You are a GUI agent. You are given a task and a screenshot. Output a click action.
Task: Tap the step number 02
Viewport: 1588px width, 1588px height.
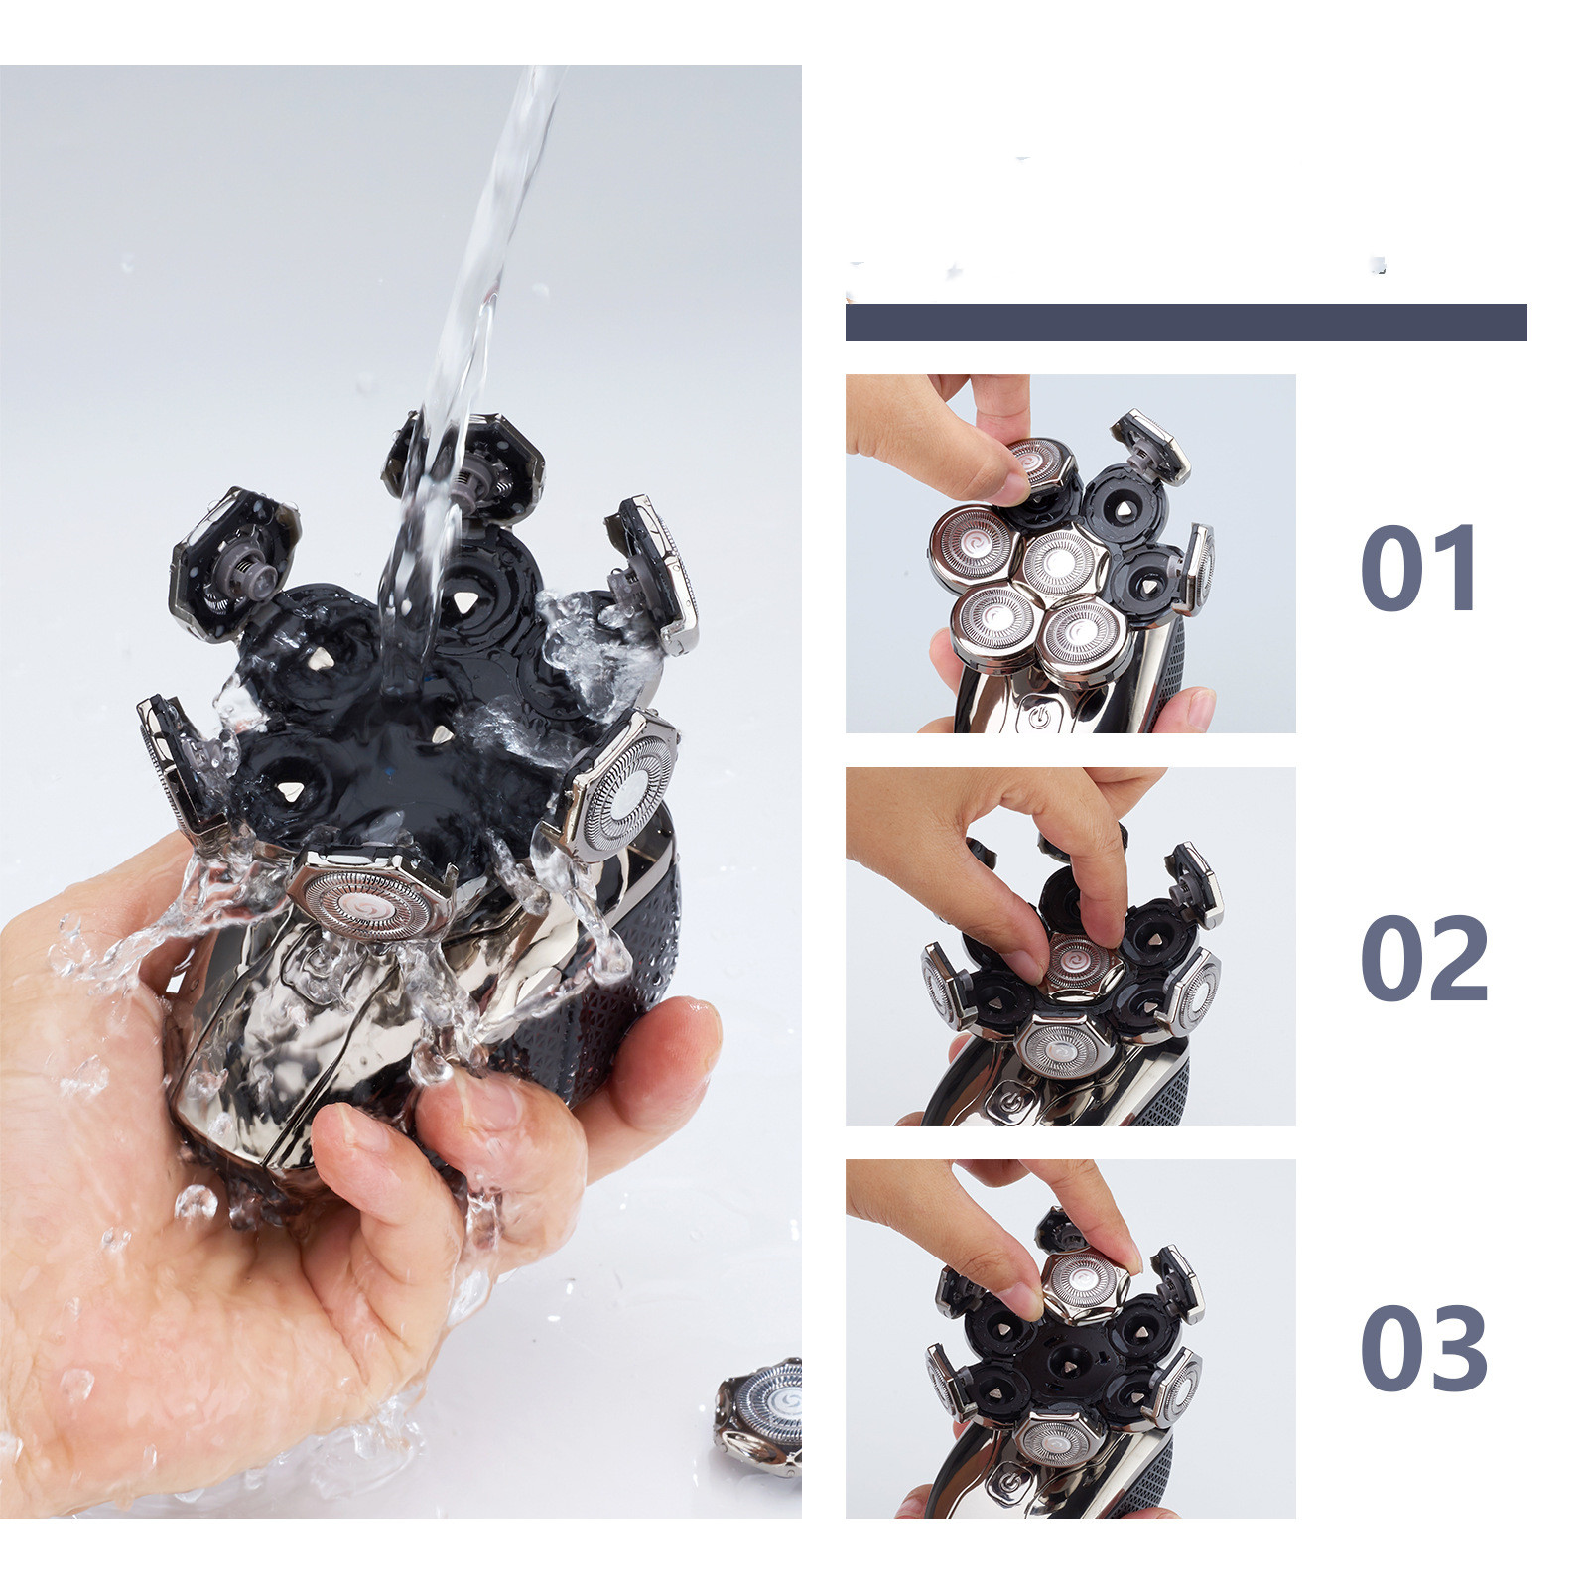tap(1424, 958)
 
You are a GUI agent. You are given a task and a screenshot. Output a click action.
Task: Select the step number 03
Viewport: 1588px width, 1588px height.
tap(1424, 1348)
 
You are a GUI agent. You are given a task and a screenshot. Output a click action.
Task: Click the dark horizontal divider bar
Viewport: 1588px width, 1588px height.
tap(1186, 323)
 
